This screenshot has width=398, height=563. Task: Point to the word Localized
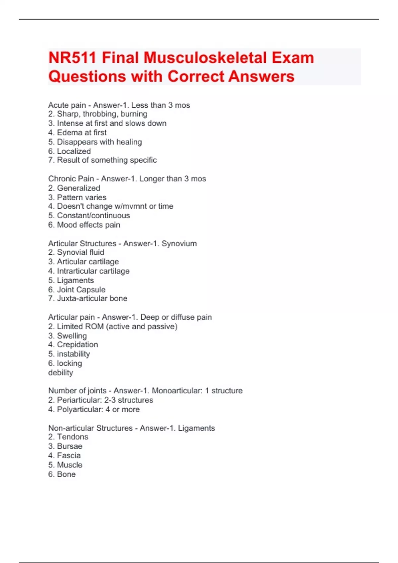pyautogui.click(x=74, y=151)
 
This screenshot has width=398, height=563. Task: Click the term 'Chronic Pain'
pyautogui.click(x=71, y=179)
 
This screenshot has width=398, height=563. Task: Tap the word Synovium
pyautogui.click(x=179, y=244)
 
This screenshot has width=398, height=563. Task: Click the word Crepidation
pyautogui.click(x=77, y=344)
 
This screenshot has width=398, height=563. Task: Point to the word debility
pyautogui.click(x=60, y=373)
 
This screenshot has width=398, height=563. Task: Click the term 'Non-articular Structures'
pyautogui.click(x=90, y=428)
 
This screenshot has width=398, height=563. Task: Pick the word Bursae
pyautogui.click(x=70, y=446)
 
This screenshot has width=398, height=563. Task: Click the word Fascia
pyautogui.click(x=69, y=456)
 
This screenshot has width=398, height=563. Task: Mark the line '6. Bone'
pyautogui.click(x=62, y=474)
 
